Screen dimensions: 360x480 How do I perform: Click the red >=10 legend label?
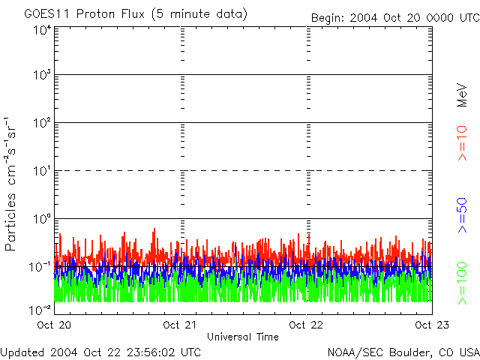click(463, 143)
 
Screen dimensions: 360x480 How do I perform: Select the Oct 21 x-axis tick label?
click(181, 325)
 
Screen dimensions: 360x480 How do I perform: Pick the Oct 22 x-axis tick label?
click(307, 325)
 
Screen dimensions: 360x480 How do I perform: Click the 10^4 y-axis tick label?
click(42, 30)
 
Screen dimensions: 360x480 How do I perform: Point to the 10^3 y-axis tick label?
click(42, 76)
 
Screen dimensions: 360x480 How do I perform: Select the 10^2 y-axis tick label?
click(42, 124)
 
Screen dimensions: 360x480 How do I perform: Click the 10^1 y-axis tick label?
click(42, 172)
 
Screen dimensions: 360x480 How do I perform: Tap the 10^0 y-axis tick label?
click(42, 220)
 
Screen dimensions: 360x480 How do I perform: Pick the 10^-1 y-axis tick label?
click(40, 267)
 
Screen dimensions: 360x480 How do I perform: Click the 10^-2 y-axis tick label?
click(40, 309)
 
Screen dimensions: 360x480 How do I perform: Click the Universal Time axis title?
click(242, 337)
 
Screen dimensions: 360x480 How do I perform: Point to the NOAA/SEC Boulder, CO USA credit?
click(403, 352)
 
